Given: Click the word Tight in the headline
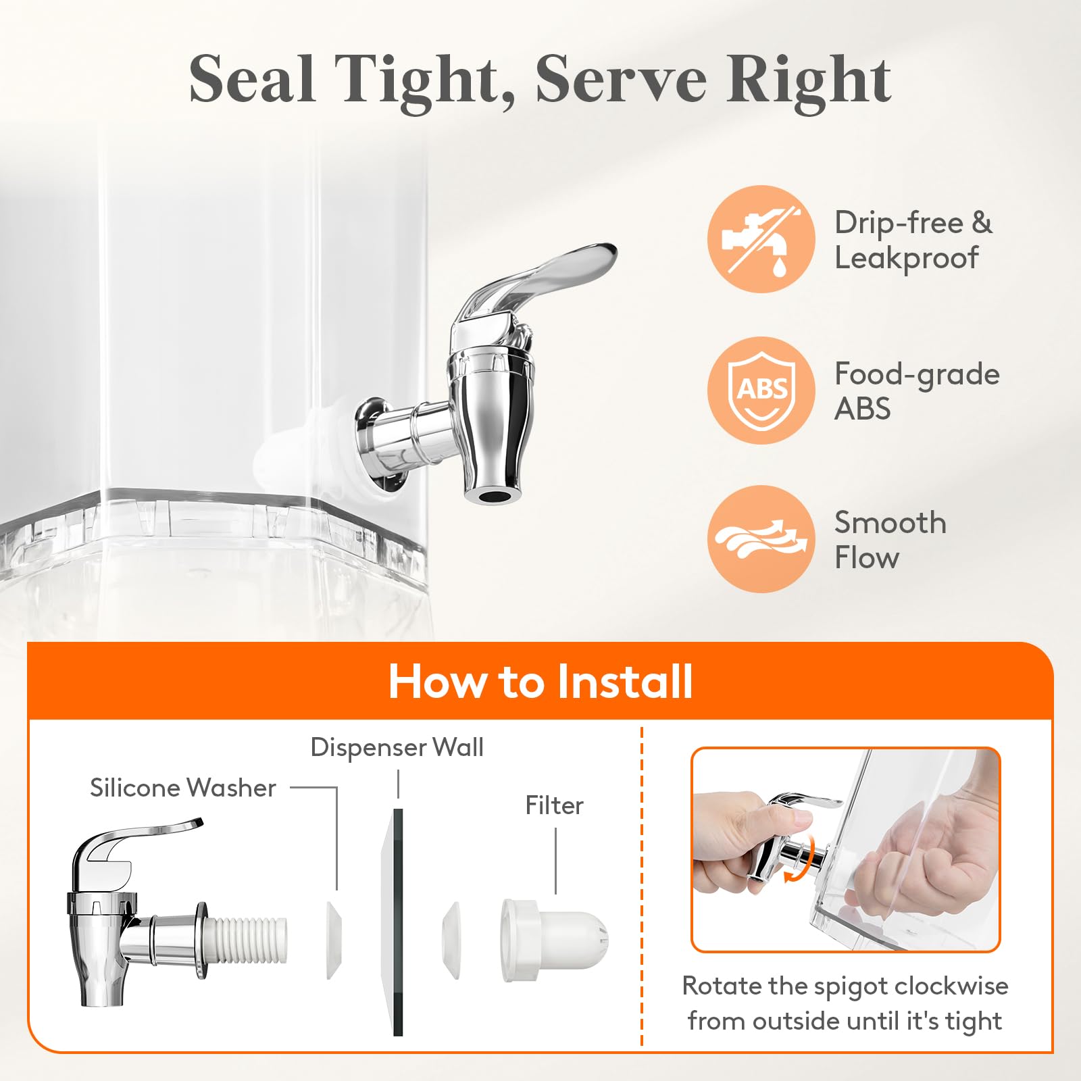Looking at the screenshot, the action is point(425,81).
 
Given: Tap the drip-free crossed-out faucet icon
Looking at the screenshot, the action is point(761,239).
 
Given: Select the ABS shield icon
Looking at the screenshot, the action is point(761,391).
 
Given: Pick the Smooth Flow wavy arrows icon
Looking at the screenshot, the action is point(761,539).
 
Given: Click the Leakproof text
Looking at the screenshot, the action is point(906,258).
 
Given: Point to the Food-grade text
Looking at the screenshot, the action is point(917,374).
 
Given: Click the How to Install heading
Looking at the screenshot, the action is point(540,681).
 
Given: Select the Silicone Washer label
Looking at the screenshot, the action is point(183,788).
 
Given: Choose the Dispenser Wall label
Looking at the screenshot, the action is point(397,747).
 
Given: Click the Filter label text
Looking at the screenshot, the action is point(555,805).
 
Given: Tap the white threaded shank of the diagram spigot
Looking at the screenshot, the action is point(247,940).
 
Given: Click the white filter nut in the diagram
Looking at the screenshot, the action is point(554,940).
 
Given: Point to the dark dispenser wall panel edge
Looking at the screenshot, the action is point(398,922).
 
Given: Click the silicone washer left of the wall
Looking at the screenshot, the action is point(334,940).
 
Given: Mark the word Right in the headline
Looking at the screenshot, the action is point(809,81).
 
